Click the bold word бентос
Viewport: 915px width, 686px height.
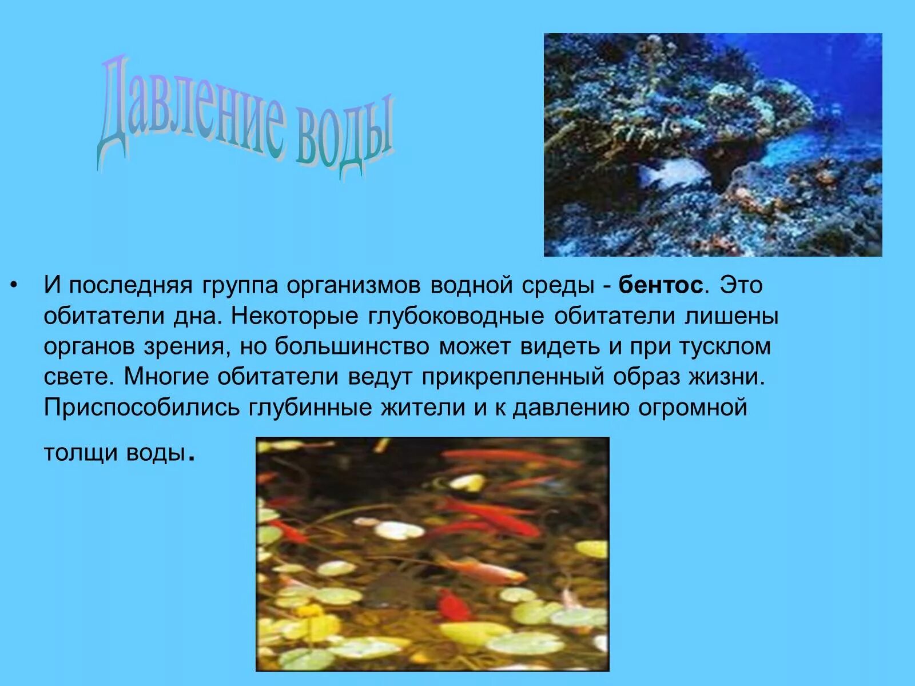[x=660, y=285]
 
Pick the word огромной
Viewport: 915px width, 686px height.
[x=701, y=408]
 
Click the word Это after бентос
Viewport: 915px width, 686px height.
[x=741, y=285]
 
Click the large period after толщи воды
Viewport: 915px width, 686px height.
[x=192, y=457]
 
